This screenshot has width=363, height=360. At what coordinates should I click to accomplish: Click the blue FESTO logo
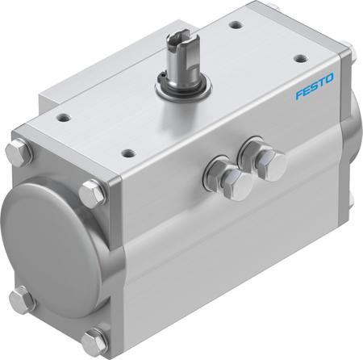click(x=315, y=86)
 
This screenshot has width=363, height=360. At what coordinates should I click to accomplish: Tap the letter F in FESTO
click(x=300, y=94)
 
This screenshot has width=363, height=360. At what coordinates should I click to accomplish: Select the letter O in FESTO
click(x=329, y=78)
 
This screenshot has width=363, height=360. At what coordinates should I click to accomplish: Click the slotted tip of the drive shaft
click(x=178, y=40)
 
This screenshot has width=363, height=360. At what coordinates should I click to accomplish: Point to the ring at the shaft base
click(x=183, y=89)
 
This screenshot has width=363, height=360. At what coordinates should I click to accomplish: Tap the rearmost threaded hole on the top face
click(x=236, y=26)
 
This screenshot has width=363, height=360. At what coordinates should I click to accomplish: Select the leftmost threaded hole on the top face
click(x=64, y=118)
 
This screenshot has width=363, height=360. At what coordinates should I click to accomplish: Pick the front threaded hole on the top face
click(x=129, y=153)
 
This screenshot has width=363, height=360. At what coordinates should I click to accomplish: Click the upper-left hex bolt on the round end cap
click(x=19, y=153)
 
